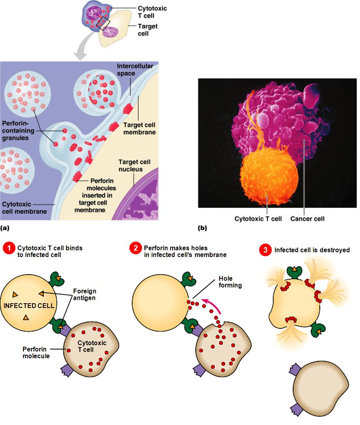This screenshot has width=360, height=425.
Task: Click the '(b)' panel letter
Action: pyautogui.click(x=202, y=228)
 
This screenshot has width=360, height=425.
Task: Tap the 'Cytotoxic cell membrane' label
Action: pyautogui.click(x=24, y=208)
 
